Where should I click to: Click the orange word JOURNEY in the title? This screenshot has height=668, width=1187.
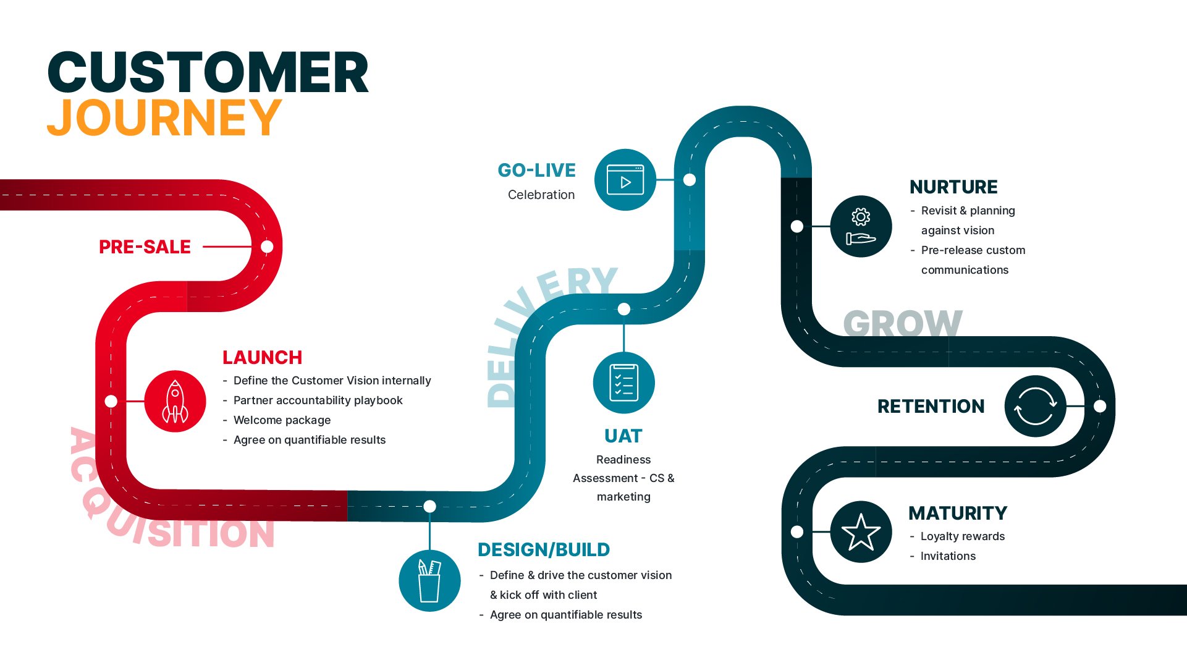point(164,117)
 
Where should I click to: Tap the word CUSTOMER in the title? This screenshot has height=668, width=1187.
point(208,72)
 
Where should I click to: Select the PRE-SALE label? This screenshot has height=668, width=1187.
point(145,247)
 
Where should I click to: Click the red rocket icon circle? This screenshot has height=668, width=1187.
point(175,401)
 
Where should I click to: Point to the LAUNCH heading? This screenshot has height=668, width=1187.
point(262,357)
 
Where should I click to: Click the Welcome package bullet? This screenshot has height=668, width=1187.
point(282,420)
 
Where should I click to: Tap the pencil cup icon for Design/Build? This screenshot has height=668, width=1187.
point(429,580)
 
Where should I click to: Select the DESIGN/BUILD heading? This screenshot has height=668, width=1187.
point(544,549)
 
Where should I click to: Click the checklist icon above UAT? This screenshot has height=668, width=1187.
point(623,383)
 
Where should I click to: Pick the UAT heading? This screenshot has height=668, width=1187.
point(623,436)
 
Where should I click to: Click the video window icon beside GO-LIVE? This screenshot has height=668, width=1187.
point(625,180)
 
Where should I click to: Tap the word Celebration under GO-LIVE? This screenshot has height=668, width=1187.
point(541,195)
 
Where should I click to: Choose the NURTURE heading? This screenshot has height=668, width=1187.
point(953,187)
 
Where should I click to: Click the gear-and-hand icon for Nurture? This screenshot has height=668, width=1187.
point(861,226)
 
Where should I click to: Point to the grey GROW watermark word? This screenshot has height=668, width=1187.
point(903,324)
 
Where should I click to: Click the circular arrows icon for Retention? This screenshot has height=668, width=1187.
point(1035,406)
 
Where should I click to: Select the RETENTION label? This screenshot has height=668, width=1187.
point(931,406)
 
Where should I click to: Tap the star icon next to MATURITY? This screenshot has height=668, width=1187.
point(861,531)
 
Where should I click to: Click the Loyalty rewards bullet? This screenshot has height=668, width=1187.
point(962,536)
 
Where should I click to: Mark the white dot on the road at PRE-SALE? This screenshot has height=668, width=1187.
point(267,247)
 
